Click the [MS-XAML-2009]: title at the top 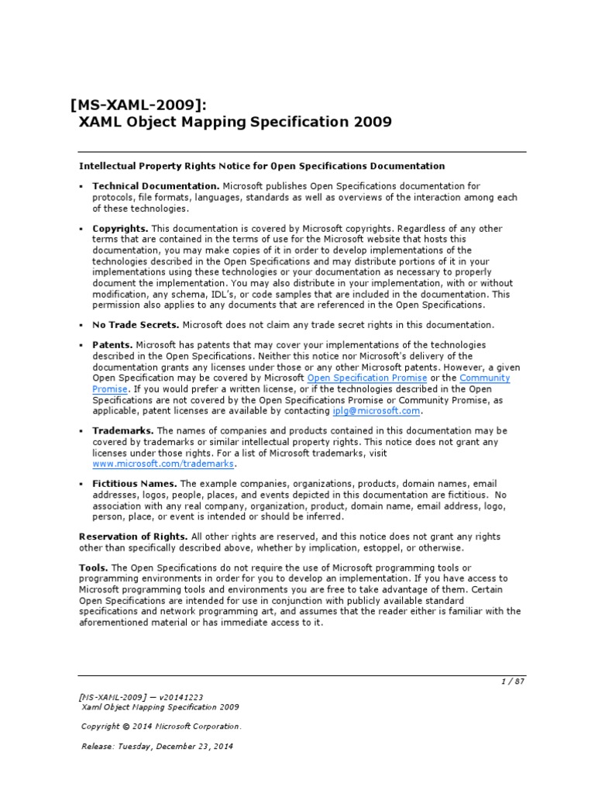tap(139, 105)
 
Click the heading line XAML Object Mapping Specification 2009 tap(236, 123)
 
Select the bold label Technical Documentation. tap(156, 186)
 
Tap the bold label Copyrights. tap(120, 229)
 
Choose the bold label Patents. tap(113, 345)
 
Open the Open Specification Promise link tap(367, 378)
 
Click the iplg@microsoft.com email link tap(377, 411)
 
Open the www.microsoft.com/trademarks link tap(163, 464)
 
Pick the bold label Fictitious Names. tap(135, 484)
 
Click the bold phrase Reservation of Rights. tap(133, 537)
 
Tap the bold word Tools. tap(93, 568)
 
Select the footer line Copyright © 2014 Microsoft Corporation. tap(161, 727)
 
